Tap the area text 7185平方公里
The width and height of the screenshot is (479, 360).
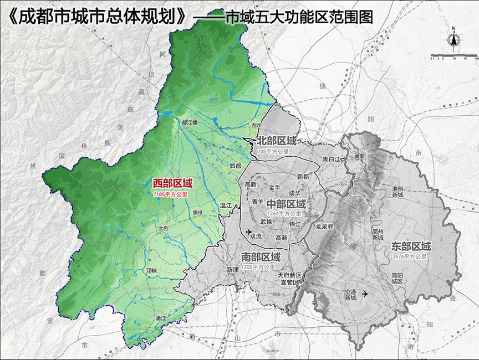[x=172, y=194]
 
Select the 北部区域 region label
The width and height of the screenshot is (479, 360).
[x=277, y=142]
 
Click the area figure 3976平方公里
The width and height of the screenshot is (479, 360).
[x=409, y=256]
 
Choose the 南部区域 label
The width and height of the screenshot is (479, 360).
[x=261, y=258]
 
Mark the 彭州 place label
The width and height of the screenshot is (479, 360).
[x=256, y=126]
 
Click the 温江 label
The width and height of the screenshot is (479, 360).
[x=226, y=205]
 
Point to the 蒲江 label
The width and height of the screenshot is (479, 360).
[x=162, y=318]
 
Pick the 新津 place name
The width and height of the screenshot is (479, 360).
[x=232, y=269]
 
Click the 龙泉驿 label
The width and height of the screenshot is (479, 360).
[x=324, y=227]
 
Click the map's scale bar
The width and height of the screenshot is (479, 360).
[x=454, y=55]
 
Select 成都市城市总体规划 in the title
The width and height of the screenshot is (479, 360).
[x=100, y=16]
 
